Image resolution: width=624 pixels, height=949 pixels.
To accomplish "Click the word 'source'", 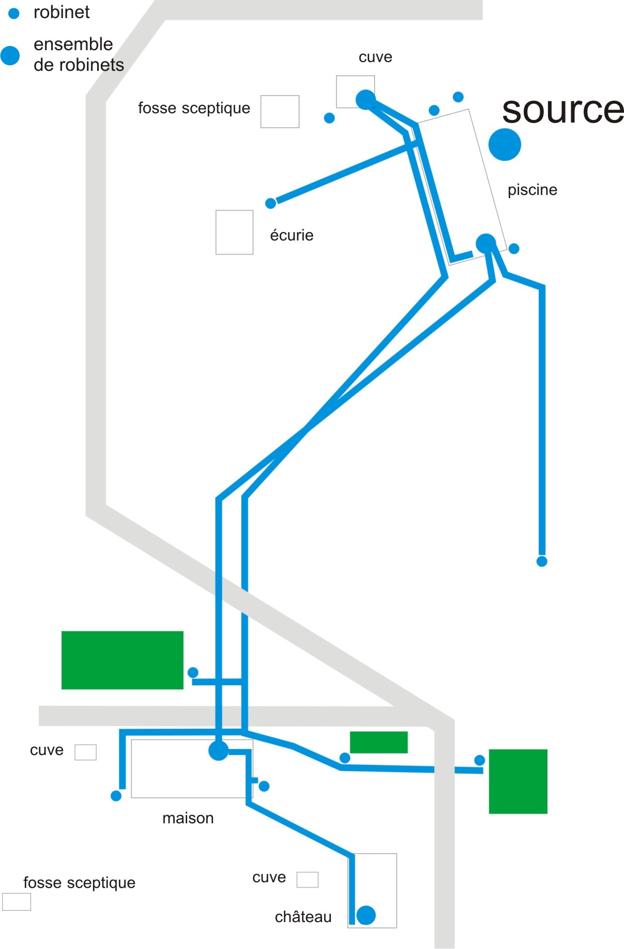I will (562, 110).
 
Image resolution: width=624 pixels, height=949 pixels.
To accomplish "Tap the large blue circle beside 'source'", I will (505, 144).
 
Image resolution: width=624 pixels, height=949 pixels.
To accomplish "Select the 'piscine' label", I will (532, 190).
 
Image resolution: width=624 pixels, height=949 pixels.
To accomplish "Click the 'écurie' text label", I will (292, 235).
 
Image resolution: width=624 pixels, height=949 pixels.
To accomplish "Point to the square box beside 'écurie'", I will (234, 232).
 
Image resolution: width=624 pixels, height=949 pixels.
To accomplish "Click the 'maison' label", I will (188, 818).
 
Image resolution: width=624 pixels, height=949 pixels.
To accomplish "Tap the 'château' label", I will (303, 917).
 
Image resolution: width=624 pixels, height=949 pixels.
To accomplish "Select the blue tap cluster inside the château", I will (366, 915).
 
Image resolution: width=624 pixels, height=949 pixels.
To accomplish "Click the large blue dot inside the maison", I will (219, 750).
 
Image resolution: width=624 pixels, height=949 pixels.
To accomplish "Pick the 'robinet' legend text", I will (62, 12).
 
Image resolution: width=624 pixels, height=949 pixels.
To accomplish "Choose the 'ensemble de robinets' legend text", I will (79, 54).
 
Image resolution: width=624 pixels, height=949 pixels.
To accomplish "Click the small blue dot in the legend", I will (14, 14).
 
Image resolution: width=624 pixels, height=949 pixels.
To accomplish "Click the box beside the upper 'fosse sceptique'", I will (280, 111).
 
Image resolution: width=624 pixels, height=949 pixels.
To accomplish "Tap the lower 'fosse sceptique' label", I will (79, 883).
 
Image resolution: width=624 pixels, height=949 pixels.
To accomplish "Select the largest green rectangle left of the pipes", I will (122, 660).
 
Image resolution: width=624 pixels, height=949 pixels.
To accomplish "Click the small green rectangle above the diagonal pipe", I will (378, 742).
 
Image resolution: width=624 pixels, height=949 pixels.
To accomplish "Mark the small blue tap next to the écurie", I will (270, 203).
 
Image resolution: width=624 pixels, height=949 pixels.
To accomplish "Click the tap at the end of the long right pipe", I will (542, 561).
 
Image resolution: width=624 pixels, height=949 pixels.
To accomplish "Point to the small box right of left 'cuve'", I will (85, 752).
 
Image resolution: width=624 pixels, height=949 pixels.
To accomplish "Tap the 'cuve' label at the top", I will (375, 57).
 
